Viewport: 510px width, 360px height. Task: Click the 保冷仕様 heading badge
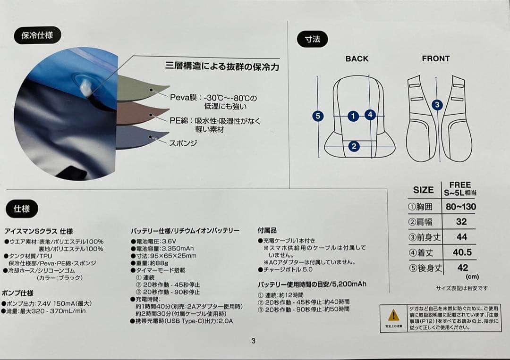pos(37,35)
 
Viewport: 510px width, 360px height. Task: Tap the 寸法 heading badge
pos(312,39)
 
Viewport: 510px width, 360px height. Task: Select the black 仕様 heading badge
pos(22,209)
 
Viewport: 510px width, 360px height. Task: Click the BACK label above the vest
pos(357,59)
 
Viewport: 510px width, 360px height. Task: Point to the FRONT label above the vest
pos(435,59)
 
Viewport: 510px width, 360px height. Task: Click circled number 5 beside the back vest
pos(318,116)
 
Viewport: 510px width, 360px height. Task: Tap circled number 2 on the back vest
pos(354,146)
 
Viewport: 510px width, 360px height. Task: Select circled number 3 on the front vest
pos(437,105)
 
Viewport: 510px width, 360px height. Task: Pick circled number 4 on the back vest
pos(370,115)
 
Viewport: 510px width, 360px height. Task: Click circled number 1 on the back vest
pos(353,116)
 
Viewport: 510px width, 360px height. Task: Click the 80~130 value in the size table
pos(461,207)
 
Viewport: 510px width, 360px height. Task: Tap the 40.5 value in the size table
pos(462,252)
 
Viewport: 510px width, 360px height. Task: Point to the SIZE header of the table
pos(423,190)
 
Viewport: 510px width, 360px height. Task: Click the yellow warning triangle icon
pos(393,315)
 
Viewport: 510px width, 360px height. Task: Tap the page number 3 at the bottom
pos(253,341)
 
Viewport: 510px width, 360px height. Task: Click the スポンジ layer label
pos(183,142)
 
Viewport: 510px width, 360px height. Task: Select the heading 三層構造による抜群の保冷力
pos(221,67)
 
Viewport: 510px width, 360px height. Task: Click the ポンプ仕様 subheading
pos(17,293)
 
